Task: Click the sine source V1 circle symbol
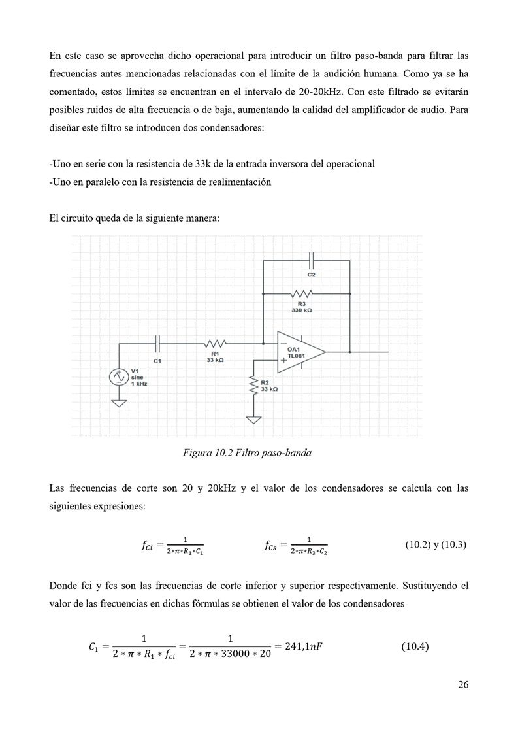point(119,377)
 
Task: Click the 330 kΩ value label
point(302,310)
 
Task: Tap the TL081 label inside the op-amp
point(297,356)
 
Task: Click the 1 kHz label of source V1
point(139,384)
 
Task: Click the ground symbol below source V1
point(119,403)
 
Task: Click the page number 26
point(463,685)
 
